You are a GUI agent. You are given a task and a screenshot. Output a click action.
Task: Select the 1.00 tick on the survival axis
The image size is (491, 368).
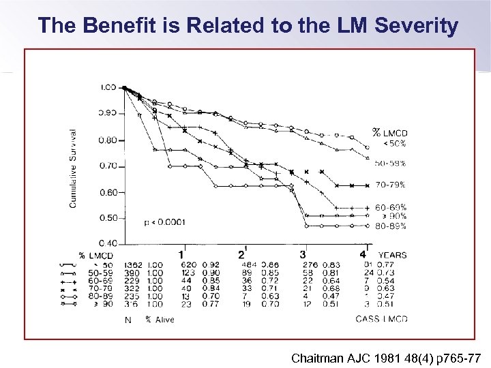108,87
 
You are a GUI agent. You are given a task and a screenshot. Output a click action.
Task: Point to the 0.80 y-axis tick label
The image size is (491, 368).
108,140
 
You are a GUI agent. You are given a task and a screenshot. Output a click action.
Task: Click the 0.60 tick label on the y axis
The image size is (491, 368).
108,193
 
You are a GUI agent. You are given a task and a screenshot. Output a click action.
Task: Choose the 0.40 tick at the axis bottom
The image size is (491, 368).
108,243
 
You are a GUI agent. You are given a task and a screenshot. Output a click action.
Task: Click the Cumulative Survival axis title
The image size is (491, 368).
73,168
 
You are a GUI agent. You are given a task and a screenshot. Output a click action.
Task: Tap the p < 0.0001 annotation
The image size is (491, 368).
165,222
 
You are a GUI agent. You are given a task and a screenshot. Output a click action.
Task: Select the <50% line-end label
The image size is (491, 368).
393,143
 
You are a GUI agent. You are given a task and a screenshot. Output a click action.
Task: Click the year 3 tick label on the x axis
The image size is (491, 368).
302,254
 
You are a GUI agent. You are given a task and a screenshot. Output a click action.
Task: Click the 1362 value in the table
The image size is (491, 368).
133,264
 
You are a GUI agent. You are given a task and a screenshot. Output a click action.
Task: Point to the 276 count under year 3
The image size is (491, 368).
310,264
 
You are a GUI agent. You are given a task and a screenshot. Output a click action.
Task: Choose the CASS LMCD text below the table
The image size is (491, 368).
381,318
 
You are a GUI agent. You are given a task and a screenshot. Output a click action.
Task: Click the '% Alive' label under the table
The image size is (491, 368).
159,318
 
